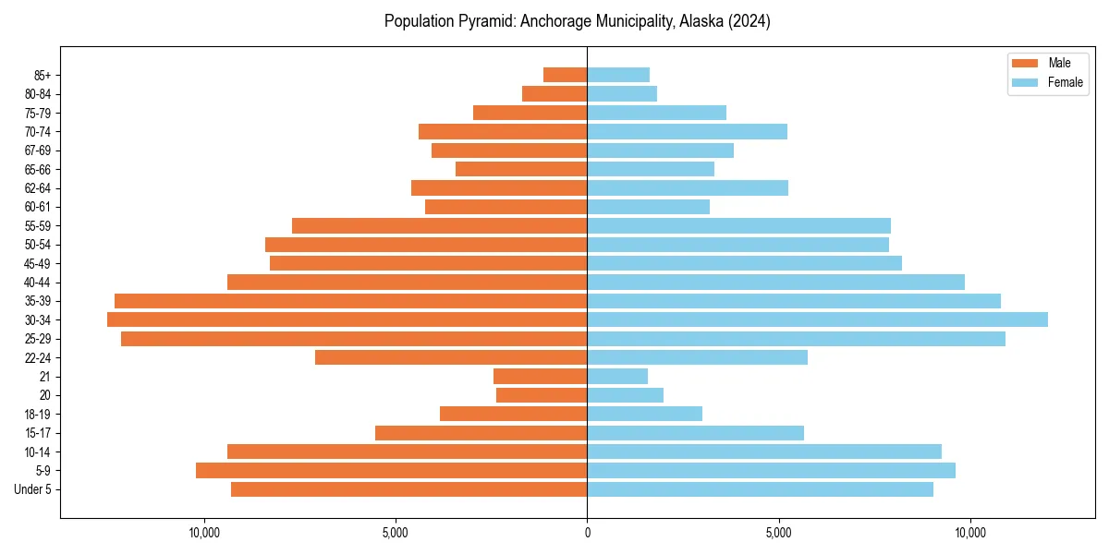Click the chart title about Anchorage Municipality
(x=577, y=21)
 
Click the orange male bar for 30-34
(x=347, y=319)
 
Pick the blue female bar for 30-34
(x=817, y=319)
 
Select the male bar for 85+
(x=565, y=75)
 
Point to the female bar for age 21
(x=617, y=376)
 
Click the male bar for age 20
(x=542, y=395)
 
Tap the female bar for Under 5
(x=760, y=489)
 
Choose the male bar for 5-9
(x=391, y=470)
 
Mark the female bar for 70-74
(x=687, y=131)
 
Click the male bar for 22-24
(x=451, y=357)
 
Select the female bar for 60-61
(x=648, y=207)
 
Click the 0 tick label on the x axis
(x=587, y=533)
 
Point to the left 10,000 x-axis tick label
(x=203, y=533)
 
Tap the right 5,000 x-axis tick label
(x=779, y=533)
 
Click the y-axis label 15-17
(x=38, y=433)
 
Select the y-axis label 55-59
(x=38, y=226)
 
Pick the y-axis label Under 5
(x=33, y=489)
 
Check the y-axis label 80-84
(x=38, y=94)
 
